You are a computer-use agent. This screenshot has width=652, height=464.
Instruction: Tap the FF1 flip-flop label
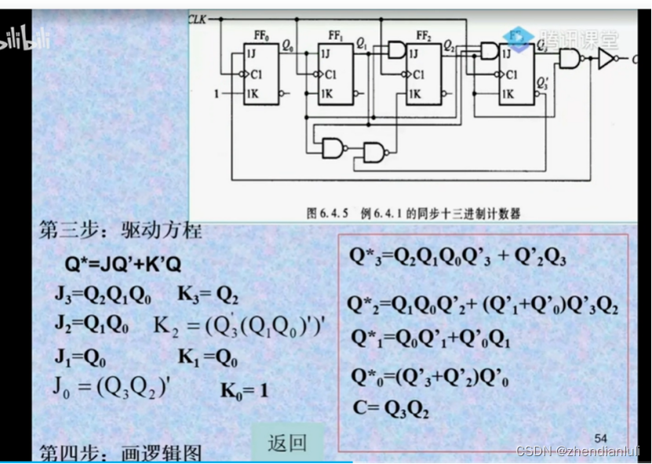335,35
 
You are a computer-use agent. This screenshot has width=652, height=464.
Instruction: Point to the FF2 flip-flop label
423,35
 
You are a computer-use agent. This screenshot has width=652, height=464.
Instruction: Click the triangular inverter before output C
605,59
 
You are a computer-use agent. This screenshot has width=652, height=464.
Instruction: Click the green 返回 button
287,443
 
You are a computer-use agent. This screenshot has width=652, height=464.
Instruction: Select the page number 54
601,437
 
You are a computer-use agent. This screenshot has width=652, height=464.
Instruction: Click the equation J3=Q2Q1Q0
102,295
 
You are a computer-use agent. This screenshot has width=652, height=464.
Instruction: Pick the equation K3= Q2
207,295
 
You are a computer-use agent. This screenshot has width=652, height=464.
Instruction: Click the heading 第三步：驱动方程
121,231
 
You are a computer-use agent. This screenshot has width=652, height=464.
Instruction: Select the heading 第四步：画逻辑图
121,453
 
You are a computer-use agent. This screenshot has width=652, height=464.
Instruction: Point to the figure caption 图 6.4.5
414,212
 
